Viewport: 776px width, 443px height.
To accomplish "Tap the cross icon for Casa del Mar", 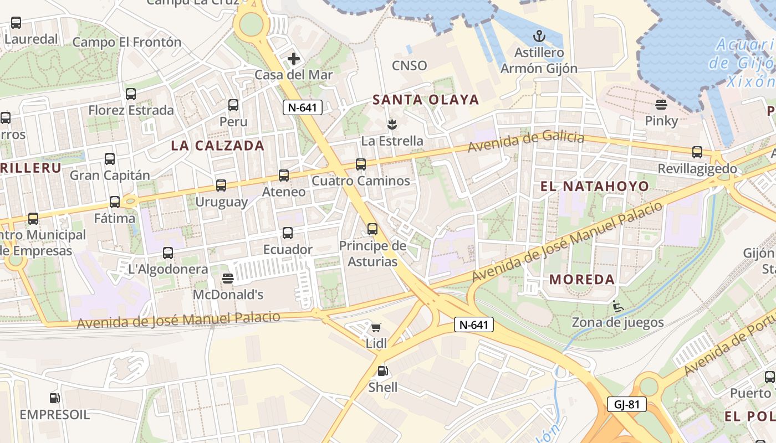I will click(x=293, y=58).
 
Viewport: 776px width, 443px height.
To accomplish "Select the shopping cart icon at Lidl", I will click(x=376, y=328).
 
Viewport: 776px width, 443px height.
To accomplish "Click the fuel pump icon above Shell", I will click(x=382, y=371).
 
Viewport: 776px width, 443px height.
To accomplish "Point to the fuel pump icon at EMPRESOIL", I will click(x=54, y=398).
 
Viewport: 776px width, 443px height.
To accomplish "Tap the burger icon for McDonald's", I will click(x=227, y=278).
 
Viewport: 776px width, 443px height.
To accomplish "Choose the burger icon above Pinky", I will click(x=661, y=104).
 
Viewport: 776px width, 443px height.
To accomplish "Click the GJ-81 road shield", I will click(x=626, y=404).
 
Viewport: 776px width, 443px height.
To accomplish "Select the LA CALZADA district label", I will click(x=217, y=146).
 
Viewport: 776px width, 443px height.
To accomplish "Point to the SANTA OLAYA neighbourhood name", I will click(x=426, y=100).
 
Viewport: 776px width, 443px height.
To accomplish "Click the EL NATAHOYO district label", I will click(x=594, y=187).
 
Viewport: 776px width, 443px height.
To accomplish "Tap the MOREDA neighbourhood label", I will click(x=582, y=280).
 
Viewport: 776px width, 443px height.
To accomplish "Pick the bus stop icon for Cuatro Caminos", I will click(x=361, y=164).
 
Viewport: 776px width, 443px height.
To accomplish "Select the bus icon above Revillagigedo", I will click(x=697, y=152).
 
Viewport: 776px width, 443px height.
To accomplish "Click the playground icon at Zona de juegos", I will click(x=617, y=306).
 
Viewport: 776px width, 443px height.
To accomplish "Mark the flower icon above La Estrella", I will click(x=392, y=123).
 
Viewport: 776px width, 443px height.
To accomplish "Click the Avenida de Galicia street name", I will click(x=525, y=142).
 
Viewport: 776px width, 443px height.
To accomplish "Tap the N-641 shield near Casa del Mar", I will click(x=303, y=107).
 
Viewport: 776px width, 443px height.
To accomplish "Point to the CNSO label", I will click(x=410, y=65).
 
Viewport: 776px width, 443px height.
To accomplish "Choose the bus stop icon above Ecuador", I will click(x=287, y=233).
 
